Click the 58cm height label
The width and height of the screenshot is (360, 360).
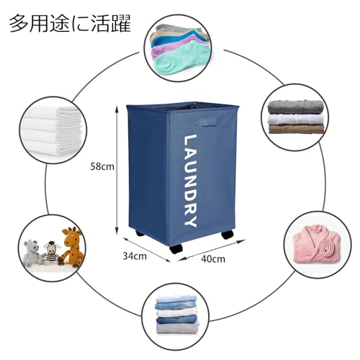102,166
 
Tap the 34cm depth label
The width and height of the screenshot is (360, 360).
135,256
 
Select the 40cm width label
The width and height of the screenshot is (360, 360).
213,259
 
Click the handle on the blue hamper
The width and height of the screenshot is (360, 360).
208,122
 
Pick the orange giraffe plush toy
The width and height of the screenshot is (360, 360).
73,247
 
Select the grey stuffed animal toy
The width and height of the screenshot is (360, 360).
32,253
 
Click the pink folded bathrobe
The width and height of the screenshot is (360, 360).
316,246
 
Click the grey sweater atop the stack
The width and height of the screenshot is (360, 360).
296,107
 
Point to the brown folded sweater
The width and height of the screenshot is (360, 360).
296,129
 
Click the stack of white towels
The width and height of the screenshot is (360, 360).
52,131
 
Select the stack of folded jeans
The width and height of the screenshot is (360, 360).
177,315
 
